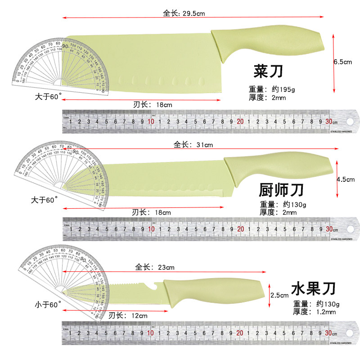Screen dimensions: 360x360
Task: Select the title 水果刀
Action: tap(314, 287)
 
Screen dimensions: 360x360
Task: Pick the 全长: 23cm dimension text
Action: tap(155, 267)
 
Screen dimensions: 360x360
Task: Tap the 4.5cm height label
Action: tap(345, 179)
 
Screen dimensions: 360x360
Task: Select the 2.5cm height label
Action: tap(279, 296)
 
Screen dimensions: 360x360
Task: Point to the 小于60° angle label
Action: tap(47, 305)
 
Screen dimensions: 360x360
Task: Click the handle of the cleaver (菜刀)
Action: tap(265, 42)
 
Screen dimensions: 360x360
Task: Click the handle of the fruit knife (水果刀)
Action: tap(211, 290)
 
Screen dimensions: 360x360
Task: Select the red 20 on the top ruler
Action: tap(240, 121)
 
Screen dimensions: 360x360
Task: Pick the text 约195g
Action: tap(283, 88)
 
